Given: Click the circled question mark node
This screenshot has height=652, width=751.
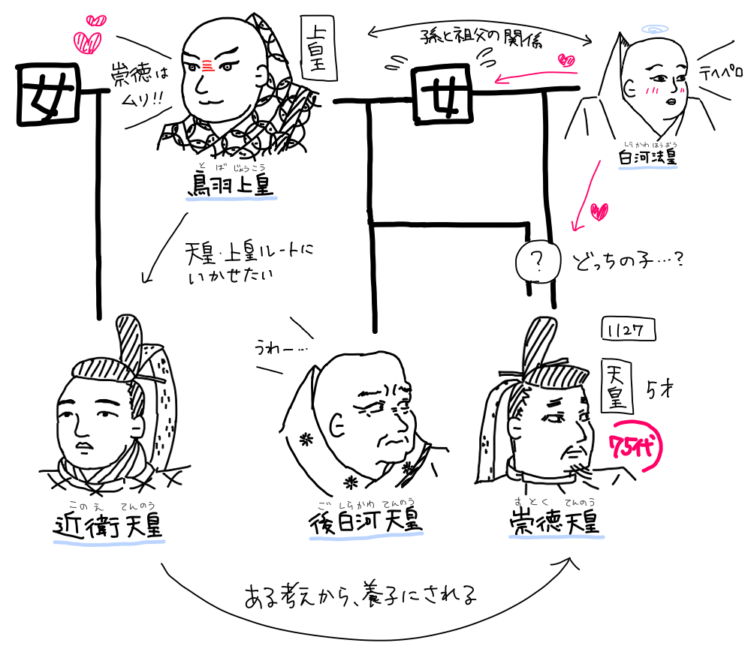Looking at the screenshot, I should pyautogui.click(x=536, y=263).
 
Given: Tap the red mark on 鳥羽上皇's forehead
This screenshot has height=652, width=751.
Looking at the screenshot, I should pyautogui.click(x=207, y=66).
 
